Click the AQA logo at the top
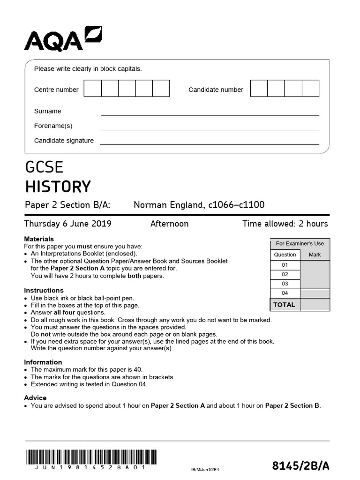click(63, 39)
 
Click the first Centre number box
click(93, 89)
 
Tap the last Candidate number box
click(310, 89)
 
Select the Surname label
click(48, 111)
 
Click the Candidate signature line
click(210, 144)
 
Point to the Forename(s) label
click(53, 126)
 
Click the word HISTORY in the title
click(58, 187)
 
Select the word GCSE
click(44, 167)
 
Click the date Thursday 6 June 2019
click(68, 224)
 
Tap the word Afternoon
click(169, 224)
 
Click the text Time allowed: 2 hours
click(285, 224)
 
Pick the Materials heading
click(39, 239)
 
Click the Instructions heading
click(44, 290)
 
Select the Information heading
click(43, 362)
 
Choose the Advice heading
click(35, 397)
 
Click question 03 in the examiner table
click(285, 284)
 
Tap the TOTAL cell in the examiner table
click(285, 305)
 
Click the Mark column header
click(315, 255)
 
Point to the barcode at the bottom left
click(91, 457)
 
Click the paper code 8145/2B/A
click(301, 465)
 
